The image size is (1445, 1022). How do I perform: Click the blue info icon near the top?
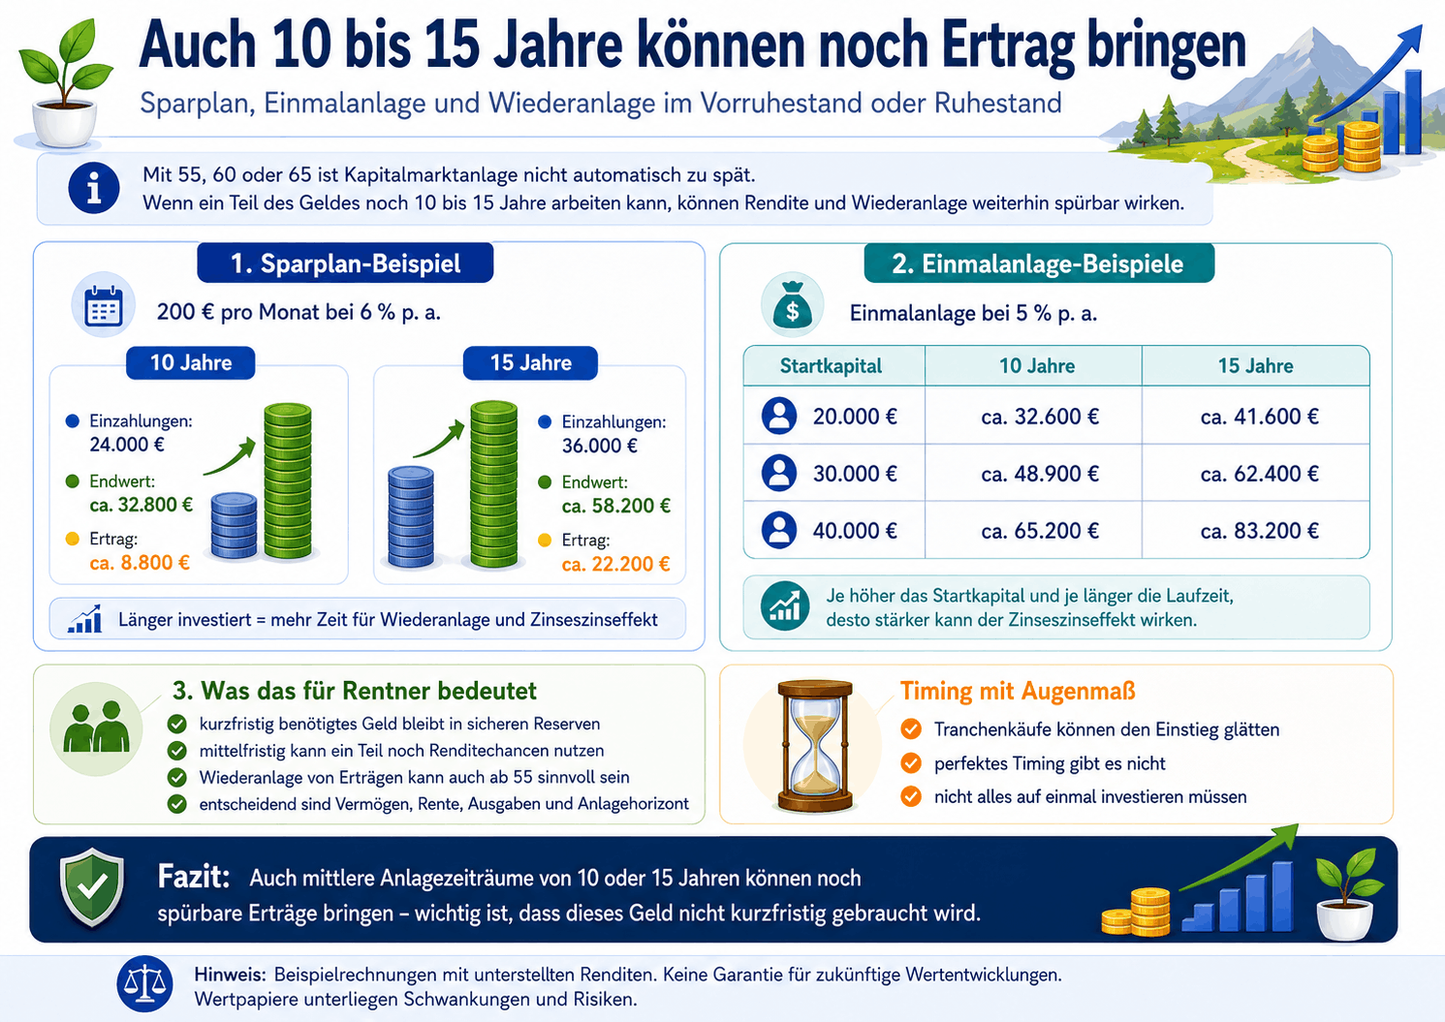[x=94, y=188]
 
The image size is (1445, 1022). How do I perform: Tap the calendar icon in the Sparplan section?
[x=103, y=306]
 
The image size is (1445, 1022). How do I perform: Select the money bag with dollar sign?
[x=792, y=305]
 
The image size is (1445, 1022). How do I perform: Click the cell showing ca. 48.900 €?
[x=1040, y=474]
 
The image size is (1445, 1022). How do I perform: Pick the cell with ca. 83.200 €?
[x=1259, y=531]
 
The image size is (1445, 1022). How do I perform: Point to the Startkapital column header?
[x=831, y=365]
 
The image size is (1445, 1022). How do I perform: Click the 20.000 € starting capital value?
[x=855, y=417]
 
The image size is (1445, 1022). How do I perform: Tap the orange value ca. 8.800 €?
[x=140, y=563]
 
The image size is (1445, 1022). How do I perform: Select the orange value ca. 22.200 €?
[x=616, y=564]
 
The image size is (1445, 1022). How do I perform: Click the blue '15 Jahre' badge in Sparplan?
[x=530, y=363]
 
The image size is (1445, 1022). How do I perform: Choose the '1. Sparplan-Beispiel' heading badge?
[x=345, y=263]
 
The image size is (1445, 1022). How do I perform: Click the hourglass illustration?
[x=815, y=745]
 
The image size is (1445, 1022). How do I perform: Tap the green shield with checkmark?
[x=92, y=886]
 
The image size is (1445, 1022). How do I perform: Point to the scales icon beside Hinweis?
[x=144, y=984]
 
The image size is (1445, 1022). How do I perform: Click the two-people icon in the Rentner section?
[x=97, y=727]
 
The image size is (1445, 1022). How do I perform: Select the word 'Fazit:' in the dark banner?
[x=194, y=877]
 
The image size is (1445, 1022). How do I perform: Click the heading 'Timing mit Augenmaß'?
[x=1018, y=691]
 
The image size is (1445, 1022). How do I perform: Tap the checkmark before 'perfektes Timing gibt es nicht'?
[x=911, y=762]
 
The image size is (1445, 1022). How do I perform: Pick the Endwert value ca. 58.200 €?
[x=616, y=506]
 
